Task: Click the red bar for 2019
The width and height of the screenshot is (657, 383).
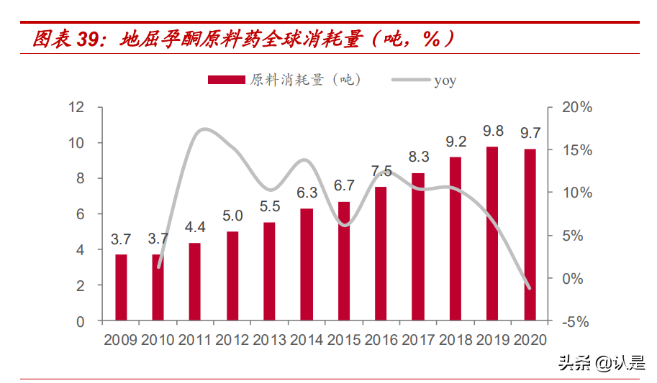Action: (x=492, y=234)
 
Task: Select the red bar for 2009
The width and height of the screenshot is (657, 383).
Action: (x=121, y=287)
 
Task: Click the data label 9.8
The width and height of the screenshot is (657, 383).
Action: (x=493, y=131)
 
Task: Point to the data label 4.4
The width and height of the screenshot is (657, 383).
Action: (x=195, y=228)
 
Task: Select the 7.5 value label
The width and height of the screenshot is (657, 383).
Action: (x=381, y=171)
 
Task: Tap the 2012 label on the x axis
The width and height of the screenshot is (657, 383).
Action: (x=232, y=340)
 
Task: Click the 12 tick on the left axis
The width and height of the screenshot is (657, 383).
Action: (x=76, y=108)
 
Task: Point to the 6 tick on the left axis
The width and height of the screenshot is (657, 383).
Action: (x=81, y=214)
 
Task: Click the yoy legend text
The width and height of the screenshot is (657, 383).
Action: (x=445, y=80)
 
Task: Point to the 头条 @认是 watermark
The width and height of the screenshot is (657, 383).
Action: (x=601, y=364)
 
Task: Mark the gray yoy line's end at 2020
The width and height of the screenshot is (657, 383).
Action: (x=530, y=288)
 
